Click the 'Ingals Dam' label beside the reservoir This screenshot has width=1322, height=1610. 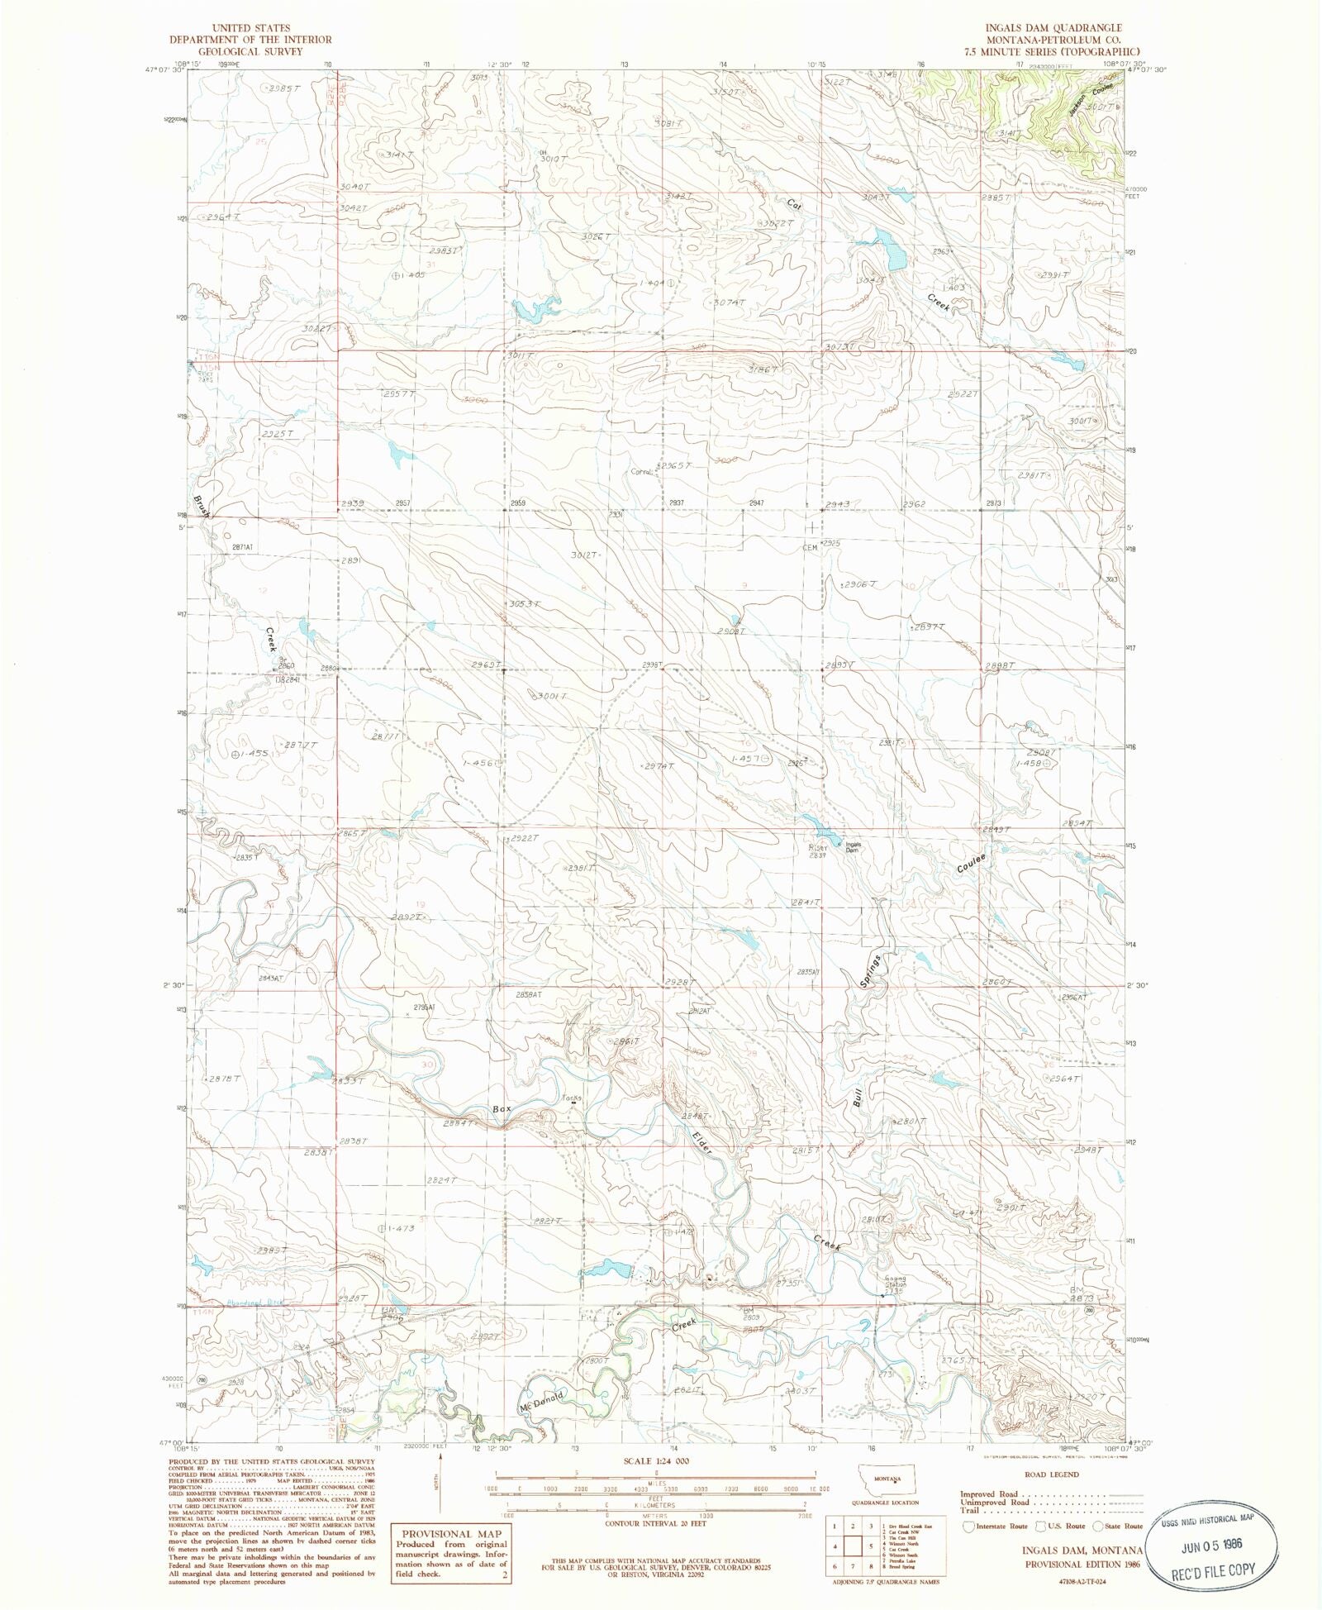point(853,846)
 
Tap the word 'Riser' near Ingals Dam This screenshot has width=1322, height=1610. point(818,847)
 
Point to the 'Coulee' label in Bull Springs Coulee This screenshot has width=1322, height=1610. point(972,863)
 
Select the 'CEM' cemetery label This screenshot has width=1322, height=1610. point(810,547)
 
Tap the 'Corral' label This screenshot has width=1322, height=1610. point(642,472)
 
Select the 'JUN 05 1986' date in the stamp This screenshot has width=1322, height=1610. point(1213,1543)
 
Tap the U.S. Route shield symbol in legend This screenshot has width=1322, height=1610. point(1043,1527)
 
